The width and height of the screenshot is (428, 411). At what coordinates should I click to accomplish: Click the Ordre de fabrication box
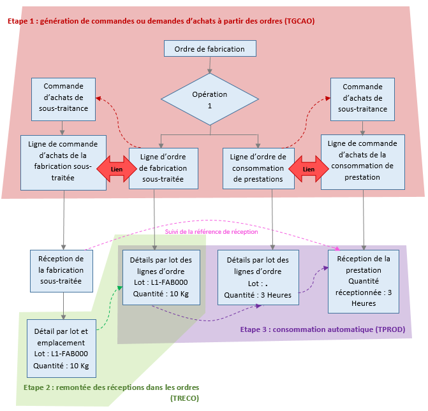point(209,48)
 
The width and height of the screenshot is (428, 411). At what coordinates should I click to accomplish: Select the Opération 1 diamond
point(209,99)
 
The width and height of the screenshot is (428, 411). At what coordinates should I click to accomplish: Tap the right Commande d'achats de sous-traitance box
point(362,97)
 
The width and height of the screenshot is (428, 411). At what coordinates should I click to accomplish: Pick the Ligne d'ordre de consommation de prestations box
point(258,169)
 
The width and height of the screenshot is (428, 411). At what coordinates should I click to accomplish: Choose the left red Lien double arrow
point(117,169)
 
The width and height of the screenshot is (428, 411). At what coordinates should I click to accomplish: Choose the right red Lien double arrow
point(308,169)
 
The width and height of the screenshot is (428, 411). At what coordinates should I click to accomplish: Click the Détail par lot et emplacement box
point(61,349)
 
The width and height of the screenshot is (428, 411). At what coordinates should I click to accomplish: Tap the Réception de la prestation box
point(364,280)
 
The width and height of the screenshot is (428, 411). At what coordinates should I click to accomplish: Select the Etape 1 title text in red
point(161,21)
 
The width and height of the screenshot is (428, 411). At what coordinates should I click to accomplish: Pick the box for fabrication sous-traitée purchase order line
point(63,162)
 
